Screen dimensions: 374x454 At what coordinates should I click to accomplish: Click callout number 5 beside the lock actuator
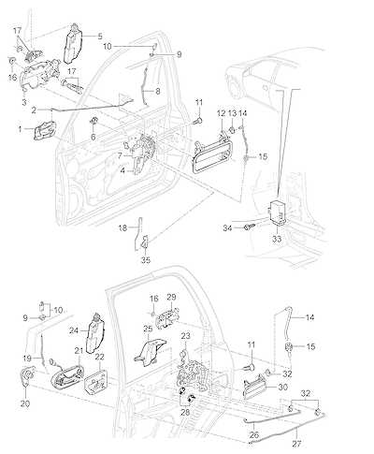pos(100,37)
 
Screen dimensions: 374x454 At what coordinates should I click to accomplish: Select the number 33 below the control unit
pos(277,239)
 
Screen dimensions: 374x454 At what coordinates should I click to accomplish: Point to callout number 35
pos(146,259)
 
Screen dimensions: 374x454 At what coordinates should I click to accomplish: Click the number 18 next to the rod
pos(122,228)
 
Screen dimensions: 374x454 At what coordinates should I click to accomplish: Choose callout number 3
pos(24,102)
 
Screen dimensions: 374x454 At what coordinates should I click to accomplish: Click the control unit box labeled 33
pos(277,212)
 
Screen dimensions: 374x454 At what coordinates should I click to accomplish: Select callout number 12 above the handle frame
pos(221,113)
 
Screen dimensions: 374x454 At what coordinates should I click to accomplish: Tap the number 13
pos(233,113)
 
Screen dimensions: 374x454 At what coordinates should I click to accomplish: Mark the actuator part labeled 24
pos(94,332)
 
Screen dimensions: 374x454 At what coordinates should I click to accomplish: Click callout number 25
pos(148,329)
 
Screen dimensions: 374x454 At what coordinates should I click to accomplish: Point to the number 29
pos(171,297)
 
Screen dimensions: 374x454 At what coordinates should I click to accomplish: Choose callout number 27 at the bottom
pos(296,444)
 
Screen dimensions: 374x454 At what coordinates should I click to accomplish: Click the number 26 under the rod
pos(254,434)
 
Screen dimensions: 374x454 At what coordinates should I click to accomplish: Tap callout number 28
pos(185,412)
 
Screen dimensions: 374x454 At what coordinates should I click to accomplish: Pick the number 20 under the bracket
pos(25,403)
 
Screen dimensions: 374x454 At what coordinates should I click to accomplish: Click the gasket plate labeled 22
pos(96,381)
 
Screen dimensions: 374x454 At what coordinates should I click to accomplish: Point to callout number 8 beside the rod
pos(158,92)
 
